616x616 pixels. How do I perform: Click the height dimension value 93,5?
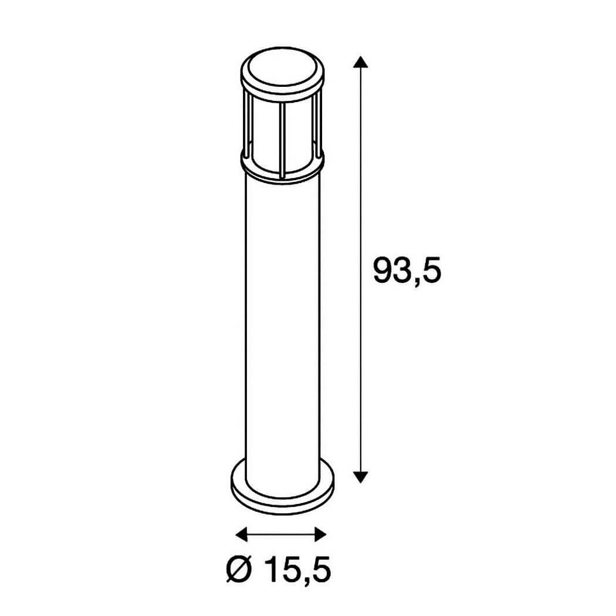click(x=407, y=270)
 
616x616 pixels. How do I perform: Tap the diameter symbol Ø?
click(x=238, y=570)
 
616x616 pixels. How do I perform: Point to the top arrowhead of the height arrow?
click(x=360, y=62)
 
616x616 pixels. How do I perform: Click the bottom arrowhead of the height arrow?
click(x=360, y=476)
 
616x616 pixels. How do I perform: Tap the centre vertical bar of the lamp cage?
click(x=281, y=140)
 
